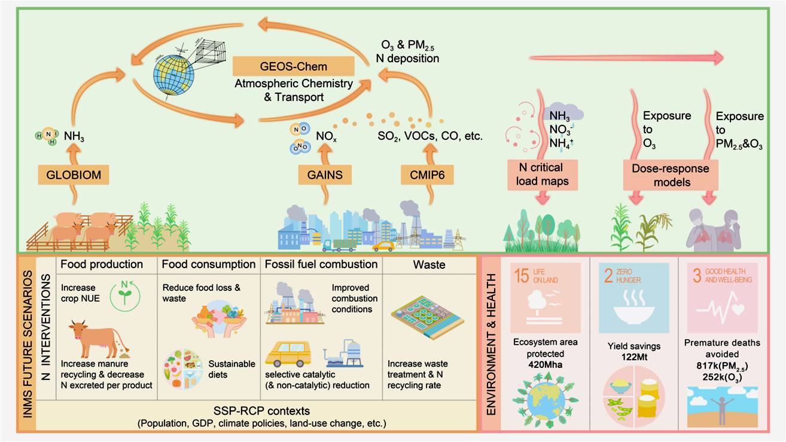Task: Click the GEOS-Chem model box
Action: [293, 66]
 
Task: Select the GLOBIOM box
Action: [74, 174]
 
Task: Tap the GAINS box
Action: [325, 174]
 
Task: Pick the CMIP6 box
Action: [427, 174]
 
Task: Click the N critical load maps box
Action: [543, 174]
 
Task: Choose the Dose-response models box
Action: [671, 175]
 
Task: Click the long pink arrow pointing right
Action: [627, 57]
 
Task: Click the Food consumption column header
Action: [208, 264]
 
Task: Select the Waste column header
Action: [429, 265]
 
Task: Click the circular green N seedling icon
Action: [125, 295]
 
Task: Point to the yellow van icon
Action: [288, 354]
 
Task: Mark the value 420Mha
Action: [546, 364]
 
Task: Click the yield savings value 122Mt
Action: [635, 357]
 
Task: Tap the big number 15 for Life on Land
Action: [522, 275]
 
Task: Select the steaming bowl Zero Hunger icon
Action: [634, 306]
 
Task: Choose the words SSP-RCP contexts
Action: [262, 410]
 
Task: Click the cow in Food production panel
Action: [98, 338]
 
